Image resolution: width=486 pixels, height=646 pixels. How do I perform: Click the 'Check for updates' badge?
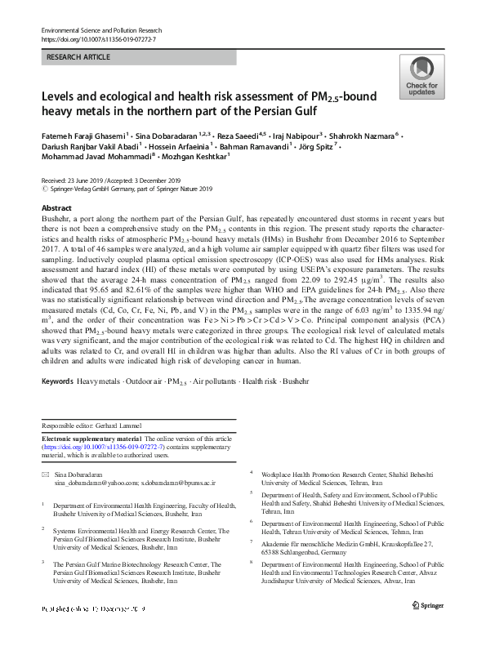[x=421, y=78]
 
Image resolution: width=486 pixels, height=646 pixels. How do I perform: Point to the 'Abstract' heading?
[x=56, y=208]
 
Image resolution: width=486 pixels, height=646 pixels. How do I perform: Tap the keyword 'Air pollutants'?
[x=212, y=381]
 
